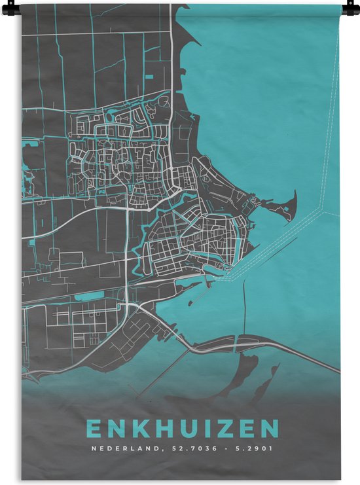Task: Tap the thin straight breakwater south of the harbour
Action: pos(245,308)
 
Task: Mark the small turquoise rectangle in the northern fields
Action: pos(149,77)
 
